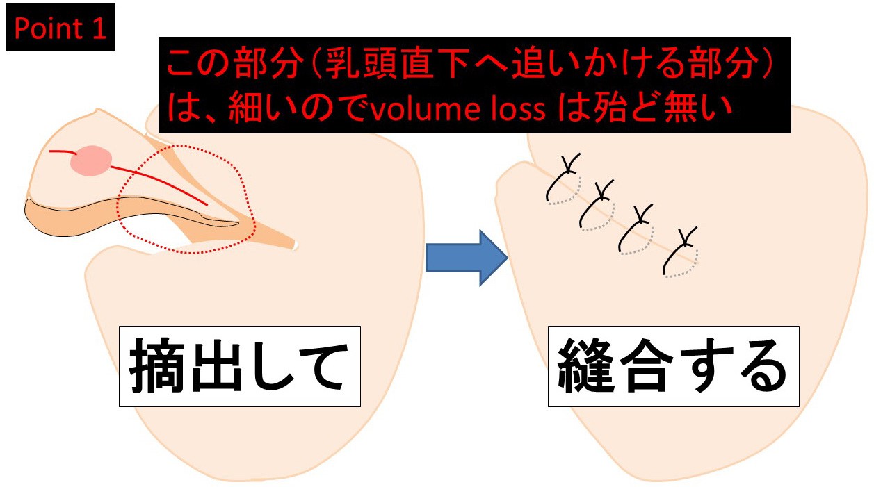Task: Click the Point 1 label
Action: point(60,28)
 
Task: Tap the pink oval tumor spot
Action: point(90,161)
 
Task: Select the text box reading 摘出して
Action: point(239,366)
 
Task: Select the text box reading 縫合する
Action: point(673,366)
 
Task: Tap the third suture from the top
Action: point(637,229)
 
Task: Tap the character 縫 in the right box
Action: point(584,367)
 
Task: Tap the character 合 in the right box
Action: point(644,367)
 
